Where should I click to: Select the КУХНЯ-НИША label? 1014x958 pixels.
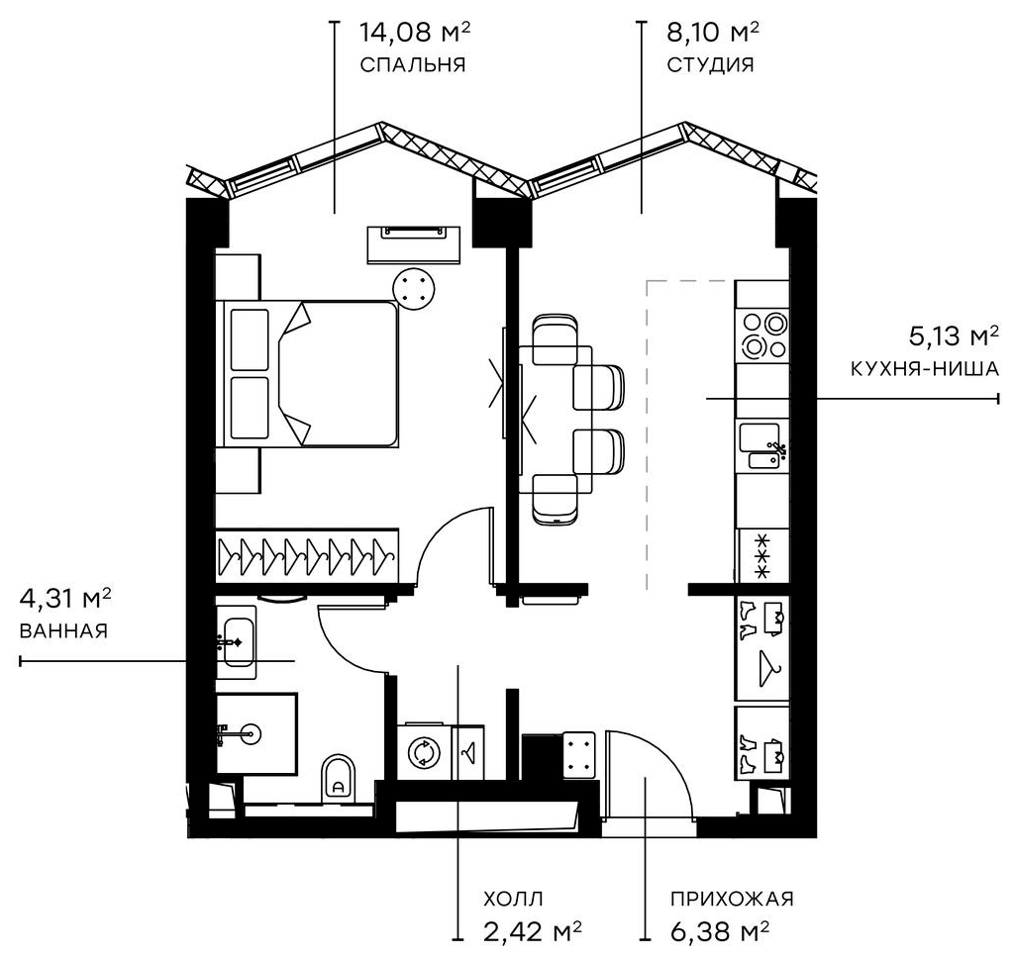(x=923, y=369)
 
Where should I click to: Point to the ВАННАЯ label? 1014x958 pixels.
(x=62, y=631)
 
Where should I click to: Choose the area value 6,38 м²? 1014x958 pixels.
(x=720, y=931)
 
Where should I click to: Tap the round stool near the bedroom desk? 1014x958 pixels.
(x=414, y=288)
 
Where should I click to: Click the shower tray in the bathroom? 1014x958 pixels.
(x=255, y=733)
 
